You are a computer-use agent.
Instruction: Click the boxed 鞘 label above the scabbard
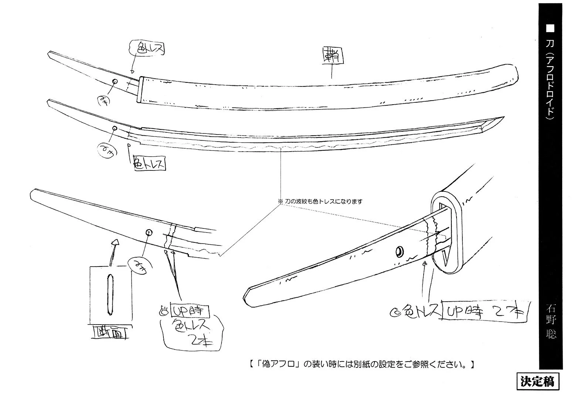click(332, 55)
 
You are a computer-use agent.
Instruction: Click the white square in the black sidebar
click(551, 29)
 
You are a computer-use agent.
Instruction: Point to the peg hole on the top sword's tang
click(115, 82)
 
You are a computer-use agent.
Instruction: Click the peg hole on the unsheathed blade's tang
click(115, 128)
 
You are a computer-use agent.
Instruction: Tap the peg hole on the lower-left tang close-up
click(149, 233)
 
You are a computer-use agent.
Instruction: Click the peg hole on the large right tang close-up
click(400, 252)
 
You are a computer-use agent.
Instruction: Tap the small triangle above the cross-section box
click(115, 242)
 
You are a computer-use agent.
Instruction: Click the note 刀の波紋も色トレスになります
click(320, 202)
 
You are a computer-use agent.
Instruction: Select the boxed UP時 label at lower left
click(190, 310)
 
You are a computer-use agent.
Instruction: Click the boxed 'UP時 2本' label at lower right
click(485, 313)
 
